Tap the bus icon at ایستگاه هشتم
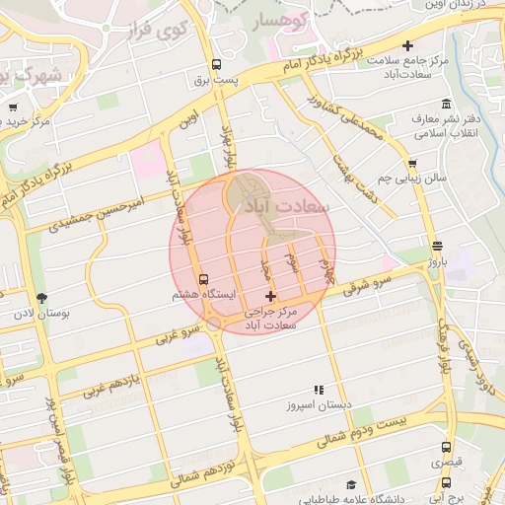[204, 279]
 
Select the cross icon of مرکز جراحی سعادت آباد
[271, 296]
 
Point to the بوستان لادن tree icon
[40, 298]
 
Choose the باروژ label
[436, 263]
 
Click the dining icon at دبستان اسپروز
[318, 390]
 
